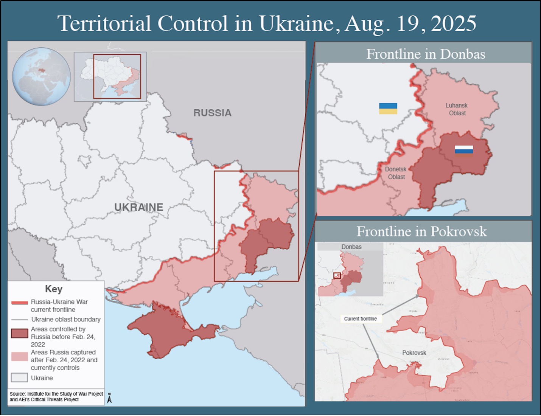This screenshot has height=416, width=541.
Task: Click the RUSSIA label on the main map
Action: pos(212,113)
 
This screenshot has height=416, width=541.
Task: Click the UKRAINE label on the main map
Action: pos(139,207)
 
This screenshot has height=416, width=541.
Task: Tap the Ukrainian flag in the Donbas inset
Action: pos(388,109)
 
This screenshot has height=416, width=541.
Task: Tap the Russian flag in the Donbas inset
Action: pos(464,151)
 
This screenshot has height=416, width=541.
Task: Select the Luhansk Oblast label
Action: pos(457,109)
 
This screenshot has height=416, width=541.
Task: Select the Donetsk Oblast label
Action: pos(396,173)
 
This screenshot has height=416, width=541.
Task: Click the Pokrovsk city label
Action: pos(414,353)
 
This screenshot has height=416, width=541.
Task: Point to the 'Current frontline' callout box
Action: pos(360,319)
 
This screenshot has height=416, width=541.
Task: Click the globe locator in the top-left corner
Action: pos(41,76)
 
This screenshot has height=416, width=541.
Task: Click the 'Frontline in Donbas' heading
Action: pos(426,54)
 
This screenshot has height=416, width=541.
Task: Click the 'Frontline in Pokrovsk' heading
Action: pos(421,231)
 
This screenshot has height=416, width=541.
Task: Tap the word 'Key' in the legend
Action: pos(54,289)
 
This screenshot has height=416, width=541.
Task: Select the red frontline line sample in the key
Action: pos(20,303)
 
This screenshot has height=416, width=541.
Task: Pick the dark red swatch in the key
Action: pos(20,333)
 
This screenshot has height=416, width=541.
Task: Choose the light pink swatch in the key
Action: pos(20,356)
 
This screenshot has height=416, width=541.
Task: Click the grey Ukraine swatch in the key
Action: pos(20,377)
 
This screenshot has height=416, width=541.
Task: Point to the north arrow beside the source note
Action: pos(109,398)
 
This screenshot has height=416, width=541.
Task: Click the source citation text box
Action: pos(56,397)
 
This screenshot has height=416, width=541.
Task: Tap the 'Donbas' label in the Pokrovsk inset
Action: pos(351,247)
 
